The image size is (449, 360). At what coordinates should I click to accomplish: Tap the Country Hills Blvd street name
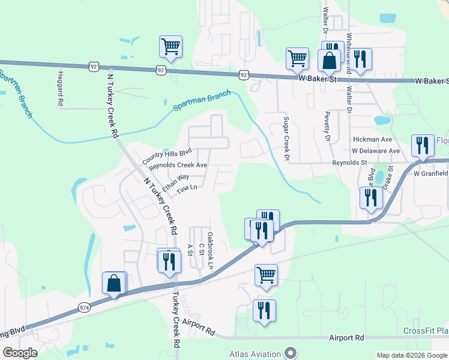click(x=167, y=156)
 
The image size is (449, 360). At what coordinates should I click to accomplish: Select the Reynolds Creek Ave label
click(x=178, y=166)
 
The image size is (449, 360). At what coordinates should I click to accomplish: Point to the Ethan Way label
click(x=175, y=182)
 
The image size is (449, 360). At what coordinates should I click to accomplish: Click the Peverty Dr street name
click(x=328, y=127)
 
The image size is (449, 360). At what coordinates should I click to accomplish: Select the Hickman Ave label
click(x=372, y=139)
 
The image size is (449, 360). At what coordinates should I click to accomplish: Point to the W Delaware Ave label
click(x=376, y=151)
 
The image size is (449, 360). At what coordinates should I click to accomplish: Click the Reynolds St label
click(x=351, y=163)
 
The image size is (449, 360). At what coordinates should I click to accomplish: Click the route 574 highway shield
click(x=84, y=307)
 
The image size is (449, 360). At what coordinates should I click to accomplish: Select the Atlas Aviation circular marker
click(x=291, y=353)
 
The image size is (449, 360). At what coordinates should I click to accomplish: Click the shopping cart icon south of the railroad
click(x=266, y=275)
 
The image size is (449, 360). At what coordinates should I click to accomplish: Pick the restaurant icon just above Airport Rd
click(x=264, y=311)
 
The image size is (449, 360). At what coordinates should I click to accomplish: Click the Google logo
click(x=20, y=353)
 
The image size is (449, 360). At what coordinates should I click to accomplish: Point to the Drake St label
click(x=389, y=176)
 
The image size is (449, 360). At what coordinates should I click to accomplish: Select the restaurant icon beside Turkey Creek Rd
click(x=169, y=261)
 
